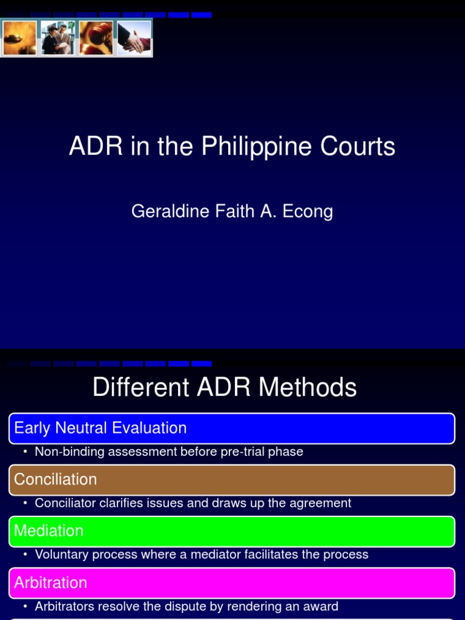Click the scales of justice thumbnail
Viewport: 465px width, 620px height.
pyautogui.click(x=20, y=38)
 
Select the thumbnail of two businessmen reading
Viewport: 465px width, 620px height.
pyautogui.click(x=58, y=38)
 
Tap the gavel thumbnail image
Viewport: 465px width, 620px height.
pyautogui.click(x=96, y=38)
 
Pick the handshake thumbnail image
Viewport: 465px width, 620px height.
pyautogui.click(x=134, y=38)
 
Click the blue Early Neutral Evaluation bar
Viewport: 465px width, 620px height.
pyautogui.click(x=232, y=428)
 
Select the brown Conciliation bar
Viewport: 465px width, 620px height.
pyautogui.click(x=232, y=480)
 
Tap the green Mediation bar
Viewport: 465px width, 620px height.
pyautogui.click(x=232, y=531)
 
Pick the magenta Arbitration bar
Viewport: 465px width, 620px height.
pyautogui.click(x=232, y=582)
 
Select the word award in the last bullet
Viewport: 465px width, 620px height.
pyautogui.click(x=321, y=606)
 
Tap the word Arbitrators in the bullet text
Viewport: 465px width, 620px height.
pyautogui.click(x=65, y=606)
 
